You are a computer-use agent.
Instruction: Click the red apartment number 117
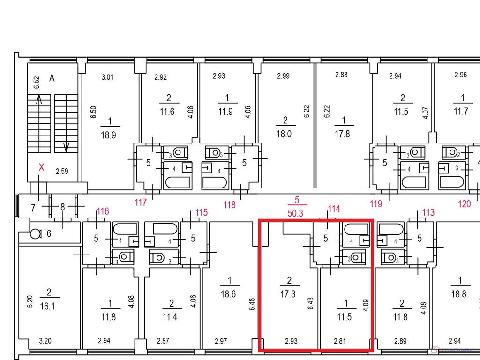[141, 202]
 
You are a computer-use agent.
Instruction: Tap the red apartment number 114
[334, 209]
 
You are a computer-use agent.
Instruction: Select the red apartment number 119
[376, 204]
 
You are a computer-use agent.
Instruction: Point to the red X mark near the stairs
[41, 167]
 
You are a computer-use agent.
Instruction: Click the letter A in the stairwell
[52, 78]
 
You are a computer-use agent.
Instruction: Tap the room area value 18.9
[108, 135]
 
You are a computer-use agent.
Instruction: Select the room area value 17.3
[288, 294]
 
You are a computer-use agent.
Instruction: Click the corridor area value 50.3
[295, 213]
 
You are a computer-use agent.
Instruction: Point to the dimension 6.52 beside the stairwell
[37, 82]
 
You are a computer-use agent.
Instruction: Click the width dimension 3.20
[45, 341]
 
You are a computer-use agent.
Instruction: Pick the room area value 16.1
[47, 306]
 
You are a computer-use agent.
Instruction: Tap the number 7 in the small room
[33, 208]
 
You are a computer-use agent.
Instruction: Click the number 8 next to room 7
[62, 207]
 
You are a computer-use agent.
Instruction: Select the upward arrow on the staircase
[39, 99]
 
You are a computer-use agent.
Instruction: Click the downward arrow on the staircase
[66, 148]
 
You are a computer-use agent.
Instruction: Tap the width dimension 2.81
[340, 341]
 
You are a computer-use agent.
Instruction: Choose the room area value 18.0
[284, 134]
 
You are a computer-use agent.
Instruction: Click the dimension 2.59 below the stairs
[62, 171]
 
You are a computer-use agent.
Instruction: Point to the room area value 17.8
[342, 134]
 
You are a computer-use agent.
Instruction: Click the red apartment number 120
[464, 204]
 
